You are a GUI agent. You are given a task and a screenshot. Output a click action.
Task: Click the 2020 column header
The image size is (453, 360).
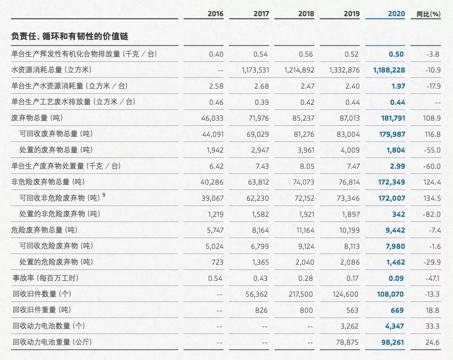pyautogui.click(x=396, y=14)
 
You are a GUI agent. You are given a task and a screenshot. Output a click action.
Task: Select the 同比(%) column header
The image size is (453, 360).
pyautogui.click(x=428, y=14)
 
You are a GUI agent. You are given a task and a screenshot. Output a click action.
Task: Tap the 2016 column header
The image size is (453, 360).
pyautogui.click(x=216, y=14)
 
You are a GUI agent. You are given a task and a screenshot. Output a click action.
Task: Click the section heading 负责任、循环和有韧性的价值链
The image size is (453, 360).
pyautogui.click(x=70, y=37)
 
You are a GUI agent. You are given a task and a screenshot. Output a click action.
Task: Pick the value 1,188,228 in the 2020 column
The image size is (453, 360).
pyautogui.click(x=389, y=70)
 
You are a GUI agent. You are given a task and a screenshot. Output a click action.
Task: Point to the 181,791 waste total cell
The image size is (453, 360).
pyautogui.click(x=393, y=118)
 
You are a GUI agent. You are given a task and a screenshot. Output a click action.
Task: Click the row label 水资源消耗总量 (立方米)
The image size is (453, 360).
pyautogui.click(x=51, y=70)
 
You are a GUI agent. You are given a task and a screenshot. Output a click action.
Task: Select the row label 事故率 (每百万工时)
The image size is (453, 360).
pyautogui.click(x=45, y=278)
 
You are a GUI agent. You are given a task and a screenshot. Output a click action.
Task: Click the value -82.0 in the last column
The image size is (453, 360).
pyautogui.click(x=432, y=215)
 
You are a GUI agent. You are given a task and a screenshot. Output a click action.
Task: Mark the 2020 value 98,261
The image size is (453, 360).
pyautogui.click(x=393, y=342)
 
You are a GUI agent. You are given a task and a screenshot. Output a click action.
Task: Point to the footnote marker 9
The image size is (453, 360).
pyautogui.click(x=104, y=195)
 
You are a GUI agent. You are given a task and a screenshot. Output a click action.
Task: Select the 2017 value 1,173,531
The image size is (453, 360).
pyautogui.click(x=255, y=70)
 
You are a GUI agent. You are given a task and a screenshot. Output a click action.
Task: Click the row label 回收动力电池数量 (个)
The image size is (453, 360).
pyautogui.click(x=47, y=326)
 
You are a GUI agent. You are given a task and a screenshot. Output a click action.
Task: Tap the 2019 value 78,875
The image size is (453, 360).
pyautogui.click(x=348, y=342)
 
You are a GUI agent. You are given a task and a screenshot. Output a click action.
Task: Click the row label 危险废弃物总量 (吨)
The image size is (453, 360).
pyautogui.click(x=44, y=230)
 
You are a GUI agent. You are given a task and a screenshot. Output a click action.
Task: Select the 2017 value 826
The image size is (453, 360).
pyautogui.click(x=261, y=310)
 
